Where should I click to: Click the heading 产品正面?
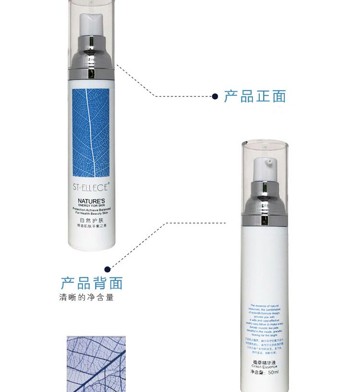click(255, 96)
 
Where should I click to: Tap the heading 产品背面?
click(92, 283)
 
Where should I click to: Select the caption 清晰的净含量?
click(86, 297)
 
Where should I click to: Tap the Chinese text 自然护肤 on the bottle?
click(92, 220)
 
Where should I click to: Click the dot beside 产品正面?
click(215, 96)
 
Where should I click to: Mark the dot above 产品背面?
click(108, 269)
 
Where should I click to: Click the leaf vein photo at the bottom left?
click(96, 364)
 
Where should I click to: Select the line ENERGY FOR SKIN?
click(92, 207)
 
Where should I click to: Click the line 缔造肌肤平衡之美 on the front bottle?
click(92, 226)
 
